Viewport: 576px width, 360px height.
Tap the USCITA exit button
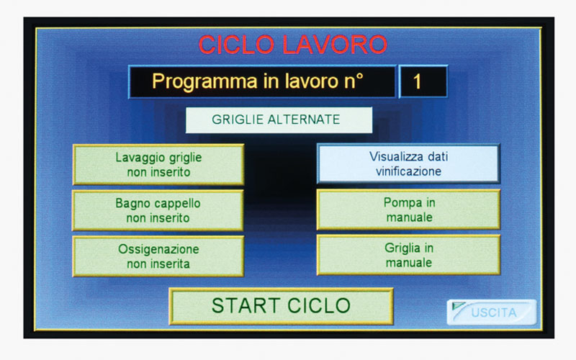pyautogui.click(x=492, y=312)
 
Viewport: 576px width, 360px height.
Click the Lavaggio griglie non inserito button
pyautogui.click(x=158, y=165)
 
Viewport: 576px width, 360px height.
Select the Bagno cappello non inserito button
pyautogui.click(x=158, y=210)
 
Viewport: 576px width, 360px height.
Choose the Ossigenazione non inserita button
pyautogui.click(x=158, y=256)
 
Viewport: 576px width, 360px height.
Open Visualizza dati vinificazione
pyautogui.click(x=408, y=164)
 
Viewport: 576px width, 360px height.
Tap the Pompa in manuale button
pyautogui.click(x=408, y=210)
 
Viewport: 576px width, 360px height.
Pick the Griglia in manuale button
pyautogui.click(x=408, y=256)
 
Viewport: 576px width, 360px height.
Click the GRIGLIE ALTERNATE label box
pyautogui.click(x=279, y=120)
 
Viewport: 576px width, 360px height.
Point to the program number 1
pyautogui.click(x=417, y=81)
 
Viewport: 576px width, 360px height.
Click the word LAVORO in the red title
pyautogui.click(x=335, y=45)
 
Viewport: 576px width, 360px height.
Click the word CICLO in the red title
pyautogui.click(x=236, y=45)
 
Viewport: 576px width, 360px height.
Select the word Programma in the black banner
pyautogui.click(x=204, y=81)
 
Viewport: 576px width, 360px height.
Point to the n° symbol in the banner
pyautogui.click(x=354, y=81)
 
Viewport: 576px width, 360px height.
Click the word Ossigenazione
pyautogui.click(x=158, y=249)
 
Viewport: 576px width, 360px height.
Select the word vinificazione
pyautogui.click(x=408, y=171)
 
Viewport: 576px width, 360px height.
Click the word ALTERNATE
pyautogui.click(x=303, y=120)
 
